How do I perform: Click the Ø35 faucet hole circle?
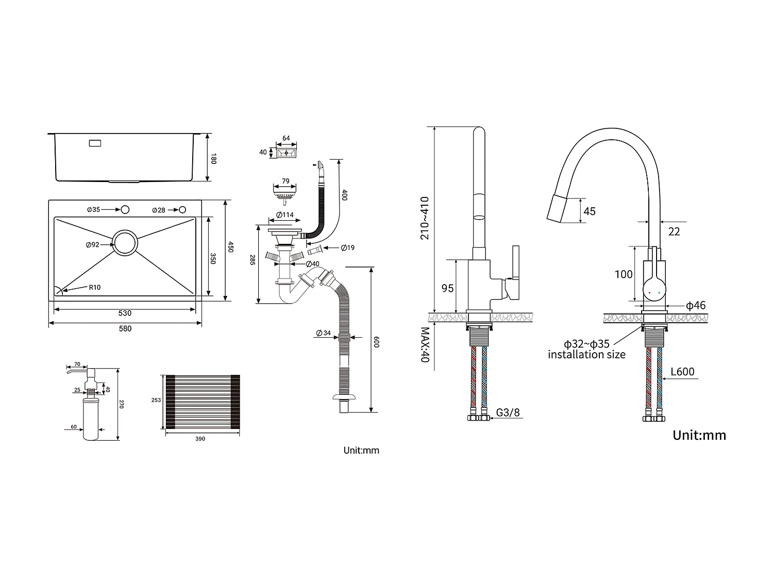pos(125,209)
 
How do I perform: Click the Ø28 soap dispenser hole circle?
pos(182,210)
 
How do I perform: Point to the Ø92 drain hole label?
pos(93,245)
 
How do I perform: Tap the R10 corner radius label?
pos(95,287)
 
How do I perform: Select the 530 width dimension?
pos(125,313)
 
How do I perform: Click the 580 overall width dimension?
pos(125,328)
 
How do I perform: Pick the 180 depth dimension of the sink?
pos(213,158)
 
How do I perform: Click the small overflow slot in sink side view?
pos(95,143)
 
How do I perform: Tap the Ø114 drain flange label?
pos(285,215)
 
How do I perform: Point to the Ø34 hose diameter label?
pos(323,333)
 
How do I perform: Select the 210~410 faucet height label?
pos(425,218)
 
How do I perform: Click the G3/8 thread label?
pos(508,412)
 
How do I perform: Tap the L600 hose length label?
pos(682,372)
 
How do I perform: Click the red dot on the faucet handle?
pos(649,293)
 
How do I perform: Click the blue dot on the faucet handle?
pos(659,293)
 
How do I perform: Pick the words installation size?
pos(586,355)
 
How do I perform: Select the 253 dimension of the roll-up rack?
pos(156,400)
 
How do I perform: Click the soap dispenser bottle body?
pos(91,419)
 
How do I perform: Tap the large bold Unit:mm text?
pos(699,436)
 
